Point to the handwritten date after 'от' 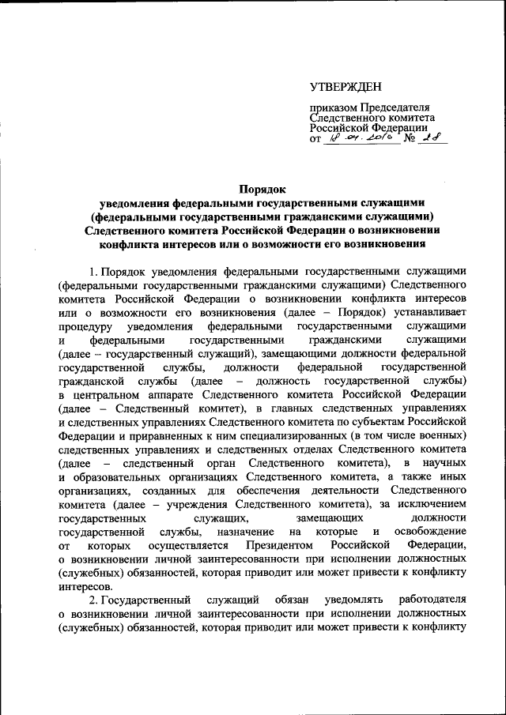359,140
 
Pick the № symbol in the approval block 410,141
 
